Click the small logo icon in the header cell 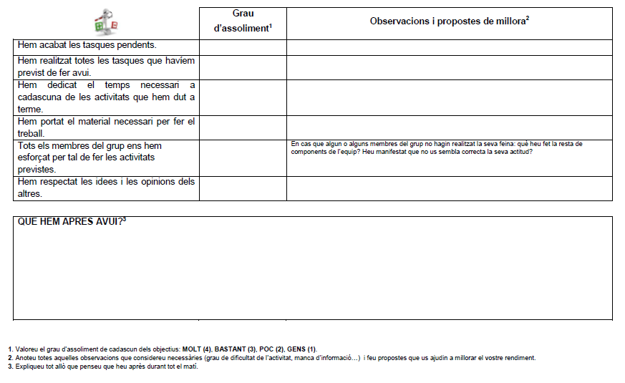pyautogui.click(x=106, y=21)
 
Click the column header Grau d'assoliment pyautogui.click(x=243, y=22)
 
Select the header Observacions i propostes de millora pyautogui.click(x=449, y=21)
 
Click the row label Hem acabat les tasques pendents pyautogui.click(x=87, y=45)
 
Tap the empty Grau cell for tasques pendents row pyautogui.click(x=243, y=47)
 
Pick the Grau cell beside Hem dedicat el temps pyautogui.click(x=243, y=97)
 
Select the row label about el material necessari pyautogui.click(x=105, y=127)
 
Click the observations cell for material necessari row pyautogui.click(x=449, y=127)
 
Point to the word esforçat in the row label pyautogui.click(x=37, y=157)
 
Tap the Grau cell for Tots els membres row pyautogui.click(x=243, y=157)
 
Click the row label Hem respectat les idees pyautogui.click(x=105, y=188)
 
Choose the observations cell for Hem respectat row pyautogui.click(x=449, y=188)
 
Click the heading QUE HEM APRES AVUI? pyautogui.click(x=72, y=222)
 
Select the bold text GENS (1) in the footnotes pyautogui.click(x=301, y=349)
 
